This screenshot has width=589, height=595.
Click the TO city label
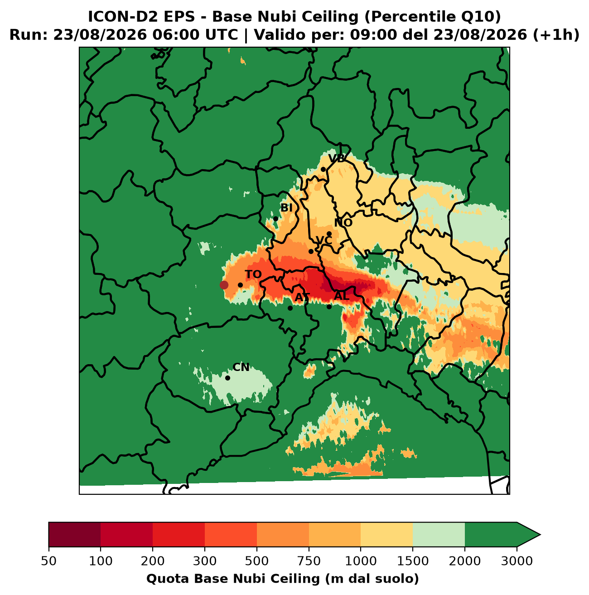[253, 274]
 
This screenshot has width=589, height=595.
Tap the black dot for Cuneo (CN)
[227, 378]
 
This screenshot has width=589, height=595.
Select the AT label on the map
[302, 297]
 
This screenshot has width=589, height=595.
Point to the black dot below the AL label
[329, 307]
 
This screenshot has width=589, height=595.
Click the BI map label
[286, 208]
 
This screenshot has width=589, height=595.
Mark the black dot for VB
[323, 170]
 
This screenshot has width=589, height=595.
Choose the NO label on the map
[343, 223]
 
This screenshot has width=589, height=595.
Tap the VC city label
[324, 240]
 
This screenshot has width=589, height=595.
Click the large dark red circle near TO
[224, 285]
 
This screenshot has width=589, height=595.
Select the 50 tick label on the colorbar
[49, 561]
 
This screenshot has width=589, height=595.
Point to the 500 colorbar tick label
[257, 561]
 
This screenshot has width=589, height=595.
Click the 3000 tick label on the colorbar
[517, 561]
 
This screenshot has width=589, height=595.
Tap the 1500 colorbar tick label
[413, 561]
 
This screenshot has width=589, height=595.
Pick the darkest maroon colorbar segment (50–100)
[75, 535]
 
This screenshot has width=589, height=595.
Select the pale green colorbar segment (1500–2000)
[439, 535]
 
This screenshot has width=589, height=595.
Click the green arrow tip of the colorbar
[540, 535]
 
